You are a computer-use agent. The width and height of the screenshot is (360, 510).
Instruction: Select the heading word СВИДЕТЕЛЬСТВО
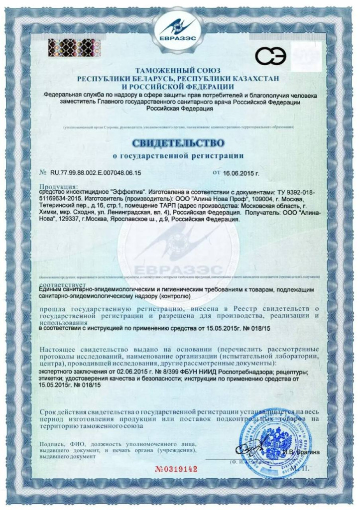click(x=179, y=143)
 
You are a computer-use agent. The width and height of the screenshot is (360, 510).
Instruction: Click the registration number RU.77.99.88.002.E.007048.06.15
click(x=96, y=173)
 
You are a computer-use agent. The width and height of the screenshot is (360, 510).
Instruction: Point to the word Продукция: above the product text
click(x=55, y=186)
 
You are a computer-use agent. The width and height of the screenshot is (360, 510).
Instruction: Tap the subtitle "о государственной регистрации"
click(x=179, y=155)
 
